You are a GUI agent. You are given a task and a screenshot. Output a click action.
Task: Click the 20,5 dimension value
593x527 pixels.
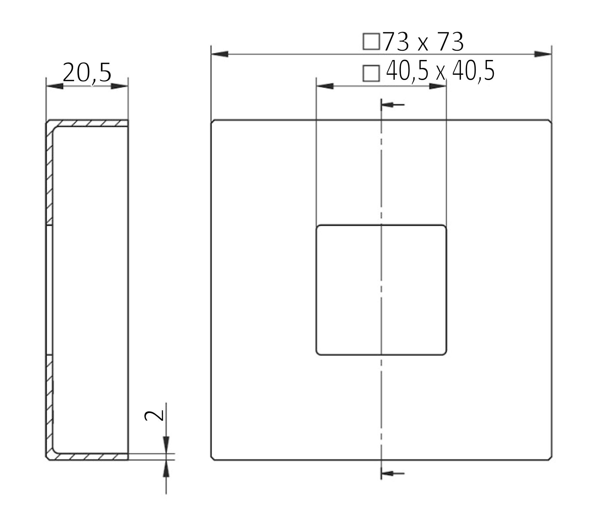87,73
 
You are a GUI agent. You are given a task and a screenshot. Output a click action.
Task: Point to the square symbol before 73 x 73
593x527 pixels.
371,42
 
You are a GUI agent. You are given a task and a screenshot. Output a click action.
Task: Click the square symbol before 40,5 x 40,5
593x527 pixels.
371,73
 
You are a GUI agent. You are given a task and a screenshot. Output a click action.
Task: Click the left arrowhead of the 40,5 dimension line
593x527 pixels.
325,86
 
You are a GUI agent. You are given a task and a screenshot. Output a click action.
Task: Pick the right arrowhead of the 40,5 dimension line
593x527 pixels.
438,86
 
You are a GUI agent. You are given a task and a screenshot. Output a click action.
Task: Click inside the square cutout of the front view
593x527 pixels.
349,290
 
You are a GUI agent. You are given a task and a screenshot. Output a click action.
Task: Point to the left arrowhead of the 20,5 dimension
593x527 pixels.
55,86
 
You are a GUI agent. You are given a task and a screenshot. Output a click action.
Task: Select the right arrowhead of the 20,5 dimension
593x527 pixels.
119,86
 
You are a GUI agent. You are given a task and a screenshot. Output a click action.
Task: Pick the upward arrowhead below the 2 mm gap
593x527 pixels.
166,468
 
